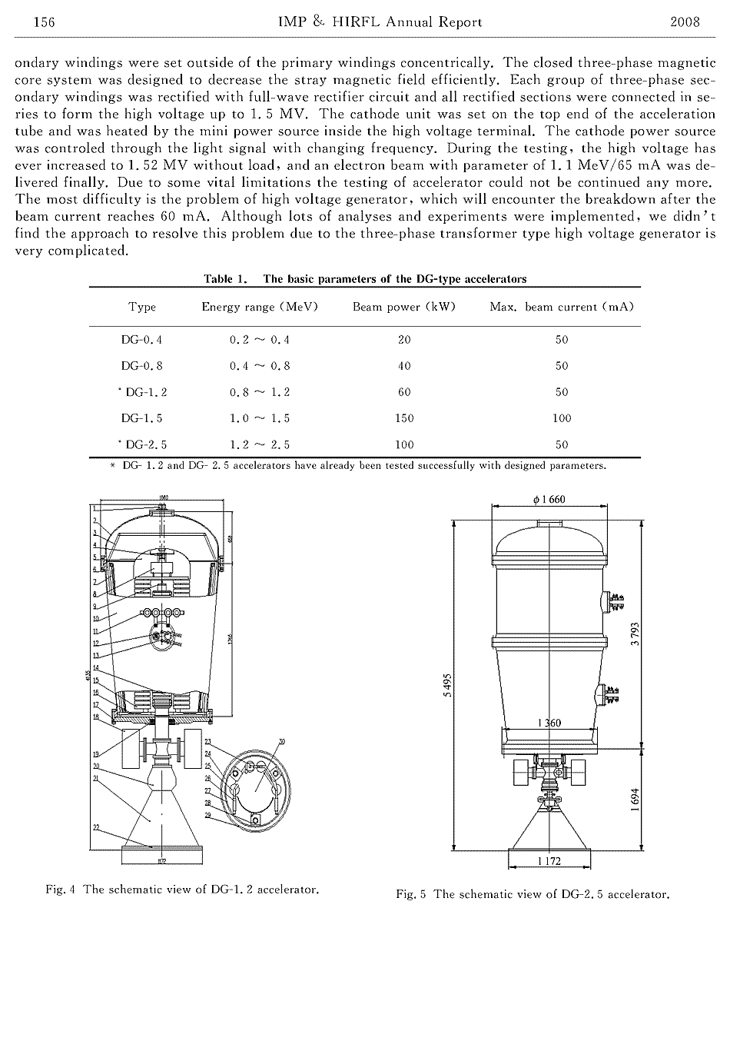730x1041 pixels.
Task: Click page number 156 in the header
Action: click(24, 22)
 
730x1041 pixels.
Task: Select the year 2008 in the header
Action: click(685, 22)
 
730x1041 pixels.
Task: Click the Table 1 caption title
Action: click(365, 279)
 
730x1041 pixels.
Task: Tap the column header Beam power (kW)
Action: click(404, 307)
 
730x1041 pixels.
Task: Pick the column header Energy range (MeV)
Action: click(260, 307)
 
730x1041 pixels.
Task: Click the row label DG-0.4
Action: click(142, 339)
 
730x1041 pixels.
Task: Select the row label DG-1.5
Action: click(142, 418)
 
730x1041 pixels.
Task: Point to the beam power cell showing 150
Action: click(404, 418)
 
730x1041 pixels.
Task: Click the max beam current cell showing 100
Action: click(562, 418)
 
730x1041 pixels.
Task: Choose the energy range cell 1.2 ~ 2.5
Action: click(260, 444)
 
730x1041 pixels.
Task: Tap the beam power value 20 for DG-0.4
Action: click(404, 339)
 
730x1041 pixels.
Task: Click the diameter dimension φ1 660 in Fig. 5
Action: click(549, 499)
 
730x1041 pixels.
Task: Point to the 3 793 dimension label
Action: click(635, 634)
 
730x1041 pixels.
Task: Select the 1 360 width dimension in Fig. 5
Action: click(548, 723)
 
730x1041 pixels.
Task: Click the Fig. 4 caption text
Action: click(182, 890)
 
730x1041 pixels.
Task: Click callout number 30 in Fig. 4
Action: click(282, 742)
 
